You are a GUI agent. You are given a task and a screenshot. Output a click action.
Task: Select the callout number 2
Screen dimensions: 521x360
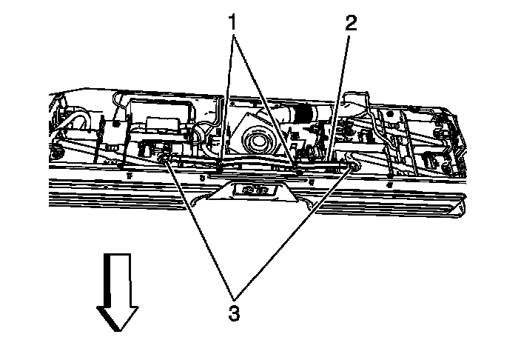click(350, 22)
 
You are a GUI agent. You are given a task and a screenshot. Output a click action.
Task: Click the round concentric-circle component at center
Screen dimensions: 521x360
click(260, 140)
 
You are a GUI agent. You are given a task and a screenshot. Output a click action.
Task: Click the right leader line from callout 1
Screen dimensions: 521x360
click(266, 96)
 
